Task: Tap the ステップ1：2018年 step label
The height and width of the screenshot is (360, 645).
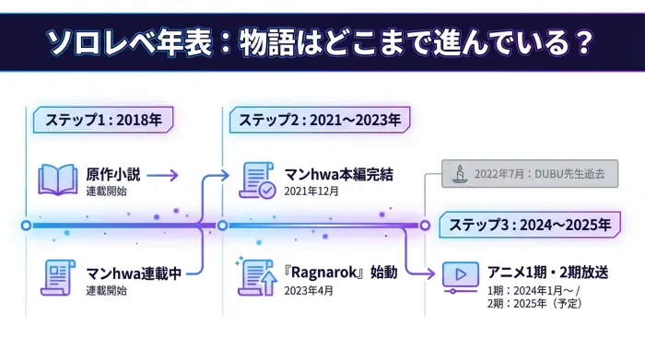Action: (103, 120)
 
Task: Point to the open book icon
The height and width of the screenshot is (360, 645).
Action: (57, 179)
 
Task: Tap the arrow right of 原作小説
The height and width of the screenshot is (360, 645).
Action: (161, 175)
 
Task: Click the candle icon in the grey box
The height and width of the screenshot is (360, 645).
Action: (459, 173)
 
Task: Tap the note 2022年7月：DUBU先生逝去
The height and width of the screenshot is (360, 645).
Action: (539, 173)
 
